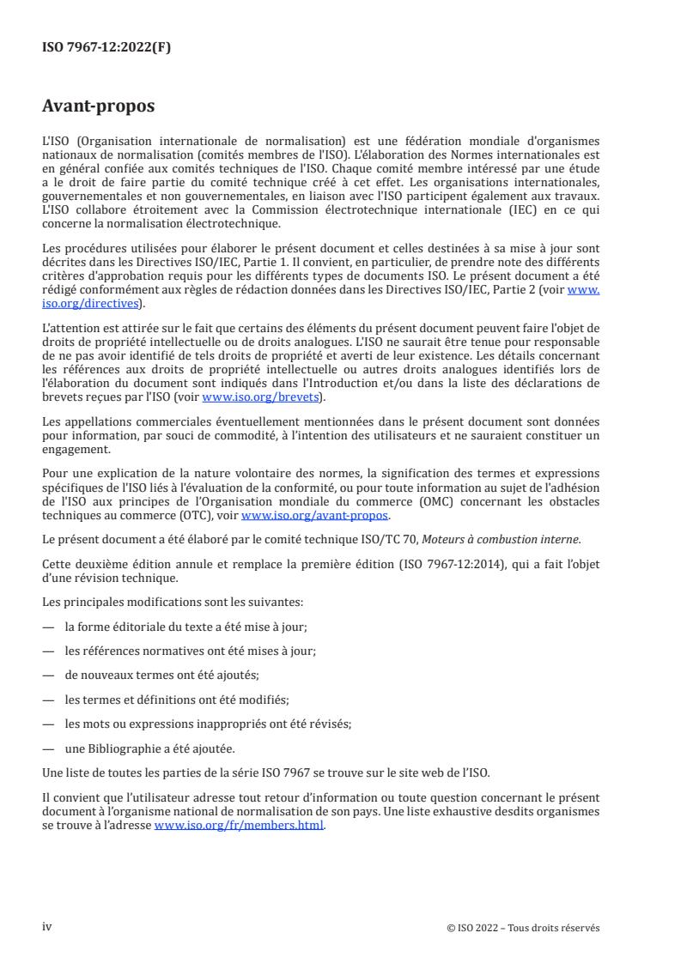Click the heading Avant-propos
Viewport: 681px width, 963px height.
click(98, 106)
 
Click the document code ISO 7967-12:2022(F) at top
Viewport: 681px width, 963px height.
click(106, 47)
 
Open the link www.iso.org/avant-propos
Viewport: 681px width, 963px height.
click(315, 515)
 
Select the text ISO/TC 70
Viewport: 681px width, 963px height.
click(396, 539)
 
